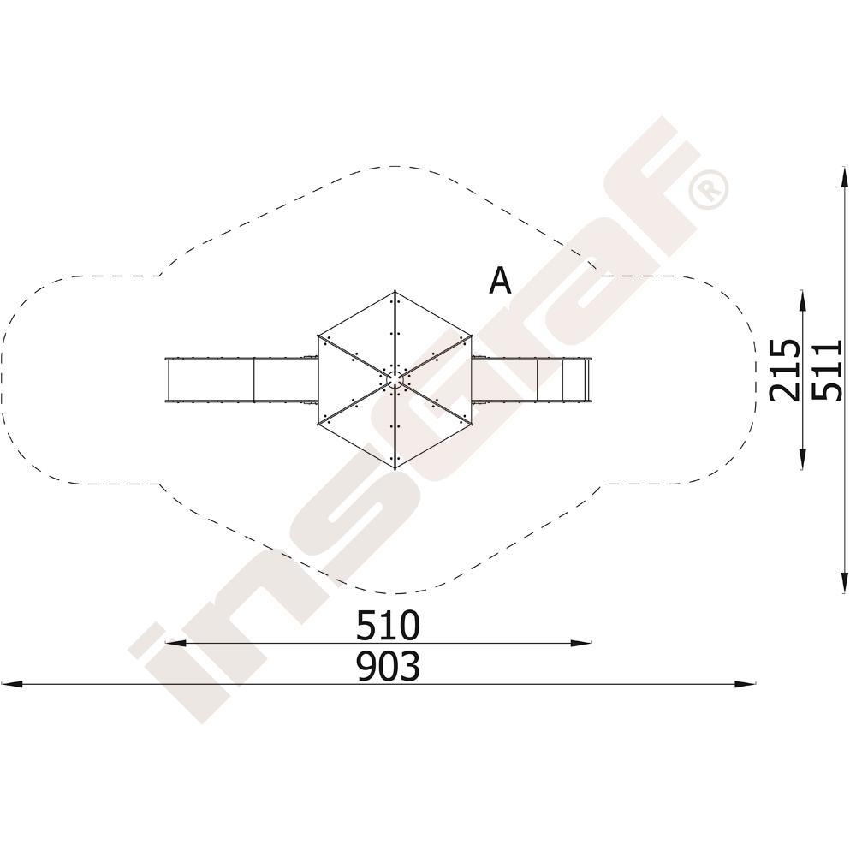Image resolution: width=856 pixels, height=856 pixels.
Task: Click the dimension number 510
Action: pyautogui.click(x=388, y=625)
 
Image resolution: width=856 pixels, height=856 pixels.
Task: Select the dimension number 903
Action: pyautogui.click(x=388, y=666)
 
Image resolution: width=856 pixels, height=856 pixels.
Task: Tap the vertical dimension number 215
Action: pyautogui.click(x=784, y=370)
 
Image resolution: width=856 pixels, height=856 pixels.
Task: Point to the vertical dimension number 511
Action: pyautogui.click(x=827, y=370)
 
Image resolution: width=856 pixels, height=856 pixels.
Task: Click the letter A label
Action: pyautogui.click(x=500, y=281)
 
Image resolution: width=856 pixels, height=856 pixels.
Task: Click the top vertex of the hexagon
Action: pyautogui.click(x=395, y=292)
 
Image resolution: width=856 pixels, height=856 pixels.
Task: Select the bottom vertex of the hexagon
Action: pyautogui.click(x=395, y=468)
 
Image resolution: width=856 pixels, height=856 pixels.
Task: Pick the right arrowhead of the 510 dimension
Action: pyautogui.click(x=581, y=644)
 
